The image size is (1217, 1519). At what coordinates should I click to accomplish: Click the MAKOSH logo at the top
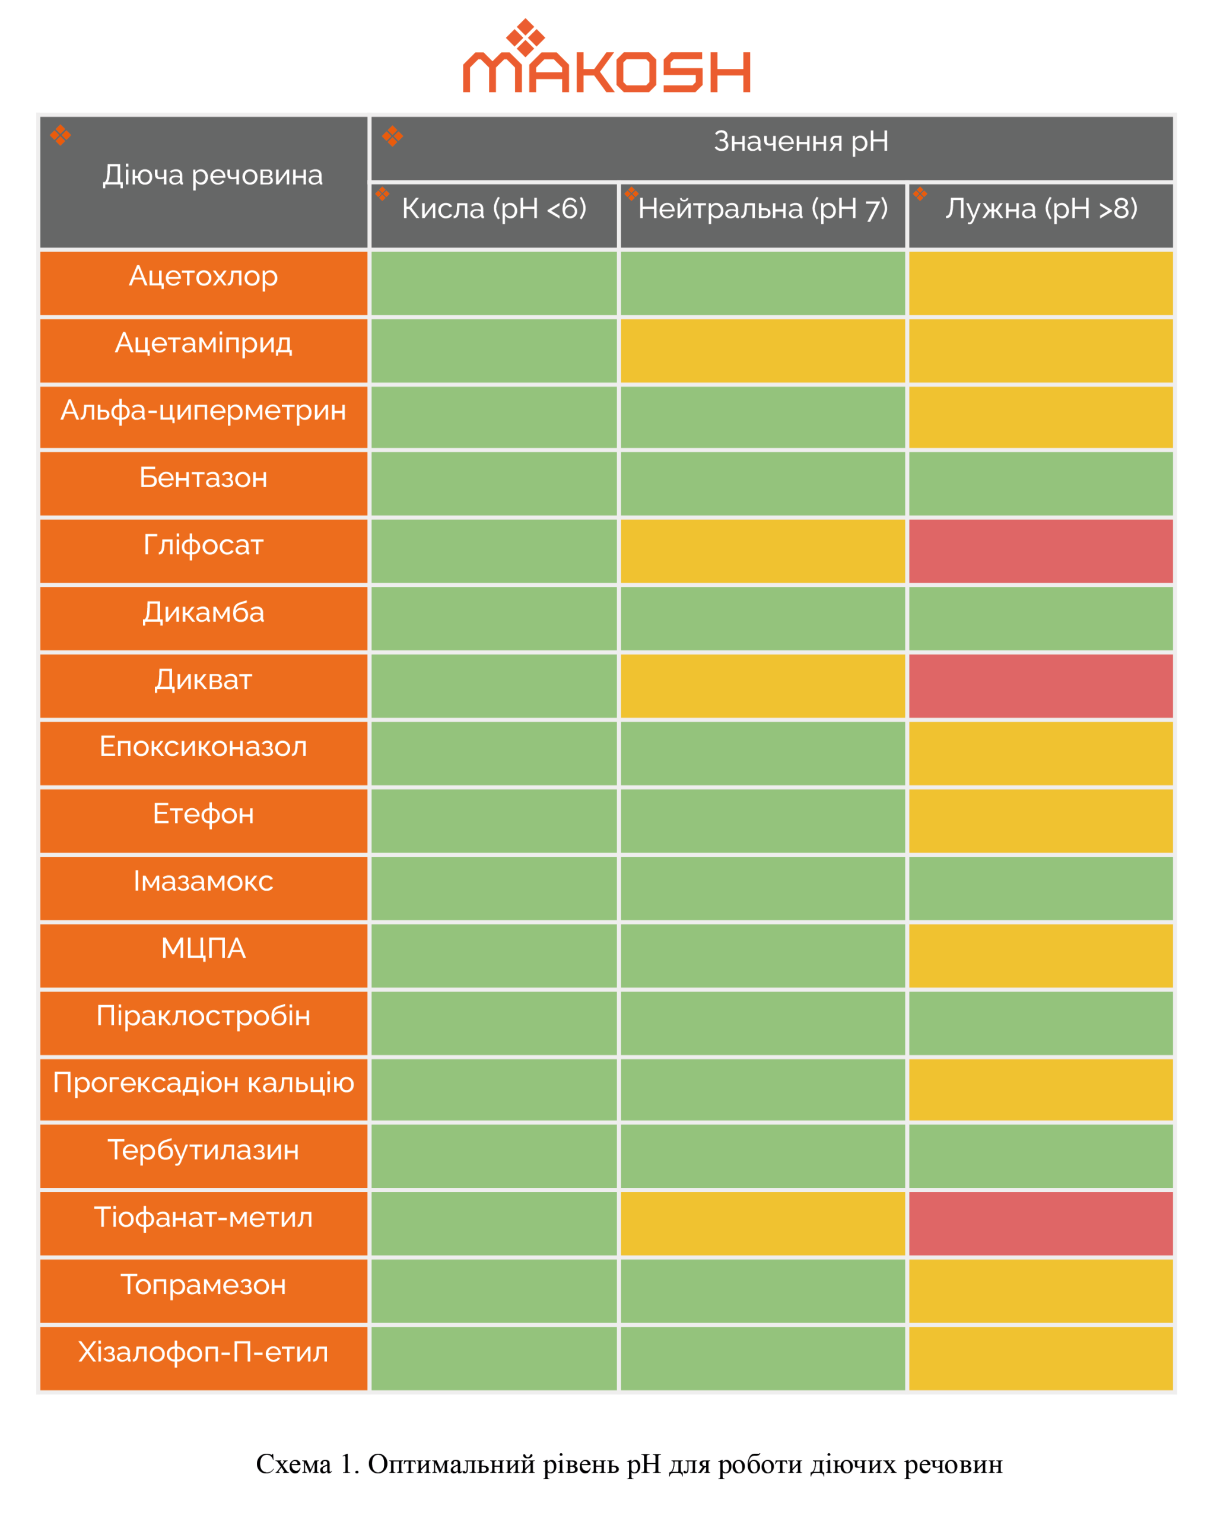click(606, 60)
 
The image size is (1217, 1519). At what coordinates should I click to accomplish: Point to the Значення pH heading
click(800, 142)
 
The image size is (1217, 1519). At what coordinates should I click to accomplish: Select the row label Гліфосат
click(204, 545)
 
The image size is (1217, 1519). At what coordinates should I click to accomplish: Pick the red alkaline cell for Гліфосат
click(1041, 552)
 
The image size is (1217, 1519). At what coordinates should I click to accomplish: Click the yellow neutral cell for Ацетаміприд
click(762, 351)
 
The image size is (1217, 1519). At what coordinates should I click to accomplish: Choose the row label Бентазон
click(204, 478)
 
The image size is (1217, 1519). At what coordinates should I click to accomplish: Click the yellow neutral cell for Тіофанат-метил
click(762, 1224)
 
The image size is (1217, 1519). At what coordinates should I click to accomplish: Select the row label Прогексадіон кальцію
click(204, 1083)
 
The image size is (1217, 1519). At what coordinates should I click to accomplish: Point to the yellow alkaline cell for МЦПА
click(1041, 955)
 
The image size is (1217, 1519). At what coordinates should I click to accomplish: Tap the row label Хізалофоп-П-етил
click(204, 1352)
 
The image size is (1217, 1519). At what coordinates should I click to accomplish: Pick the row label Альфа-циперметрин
click(204, 411)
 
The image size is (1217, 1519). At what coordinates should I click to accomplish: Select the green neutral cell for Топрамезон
click(762, 1291)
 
